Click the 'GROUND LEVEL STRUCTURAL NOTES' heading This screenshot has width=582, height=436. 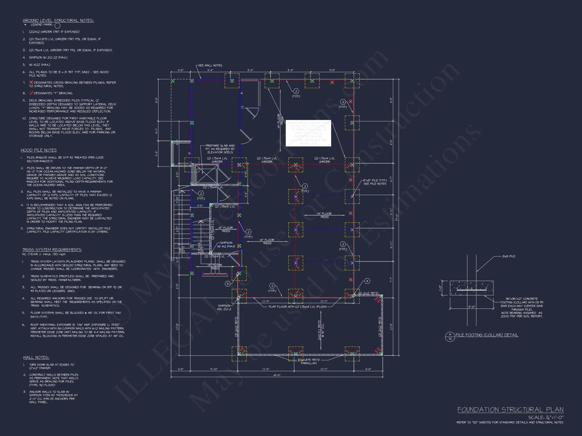58,20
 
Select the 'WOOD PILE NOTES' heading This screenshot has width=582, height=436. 39,150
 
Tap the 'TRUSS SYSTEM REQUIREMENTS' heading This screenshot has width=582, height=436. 52,250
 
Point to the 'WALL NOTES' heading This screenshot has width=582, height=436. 36,358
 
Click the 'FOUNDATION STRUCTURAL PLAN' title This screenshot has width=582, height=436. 510,410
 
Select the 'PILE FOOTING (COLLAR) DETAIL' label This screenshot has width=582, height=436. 487,335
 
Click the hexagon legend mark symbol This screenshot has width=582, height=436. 57,25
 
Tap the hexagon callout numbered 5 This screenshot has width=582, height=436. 228,284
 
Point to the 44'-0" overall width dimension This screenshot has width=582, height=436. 277,375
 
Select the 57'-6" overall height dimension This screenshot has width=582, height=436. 397,217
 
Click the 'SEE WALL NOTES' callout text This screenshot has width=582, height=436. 210,65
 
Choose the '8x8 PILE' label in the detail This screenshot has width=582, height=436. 508,256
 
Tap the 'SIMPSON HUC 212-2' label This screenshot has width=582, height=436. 224,308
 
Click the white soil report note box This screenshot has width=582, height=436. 308,133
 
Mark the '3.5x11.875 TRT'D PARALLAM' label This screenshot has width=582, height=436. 309,361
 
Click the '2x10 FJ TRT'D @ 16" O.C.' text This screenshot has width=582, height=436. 321,330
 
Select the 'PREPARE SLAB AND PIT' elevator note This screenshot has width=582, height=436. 220,149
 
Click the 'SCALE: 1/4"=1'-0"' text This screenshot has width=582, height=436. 546,418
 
